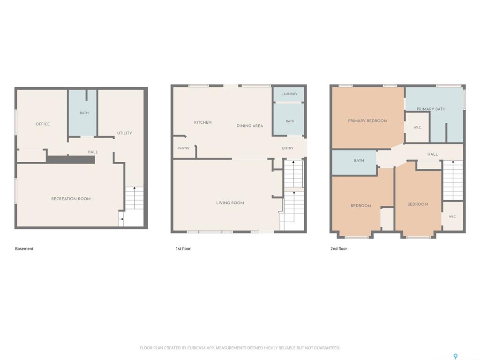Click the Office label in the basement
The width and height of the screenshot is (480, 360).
[43, 124]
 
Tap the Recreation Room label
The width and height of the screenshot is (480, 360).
[71, 199]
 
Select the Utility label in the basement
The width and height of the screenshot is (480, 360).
[125, 133]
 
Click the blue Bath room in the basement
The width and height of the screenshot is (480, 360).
[82, 113]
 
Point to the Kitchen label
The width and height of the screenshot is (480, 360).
[202, 122]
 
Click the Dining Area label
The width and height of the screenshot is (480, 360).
[250, 126]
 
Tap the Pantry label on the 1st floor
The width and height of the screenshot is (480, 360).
[184, 148]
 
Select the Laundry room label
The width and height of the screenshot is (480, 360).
[289, 94]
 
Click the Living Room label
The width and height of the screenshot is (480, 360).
[230, 202]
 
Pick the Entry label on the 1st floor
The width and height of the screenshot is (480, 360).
[287, 148]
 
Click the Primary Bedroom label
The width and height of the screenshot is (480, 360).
[367, 121]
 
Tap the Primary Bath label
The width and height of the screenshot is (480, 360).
[431, 109]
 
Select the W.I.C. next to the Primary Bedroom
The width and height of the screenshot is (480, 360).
[418, 127]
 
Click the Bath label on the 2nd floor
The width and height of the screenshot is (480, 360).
[359, 160]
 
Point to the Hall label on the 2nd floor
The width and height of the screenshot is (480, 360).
[433, 154]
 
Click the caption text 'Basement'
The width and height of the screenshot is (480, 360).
[24, 248]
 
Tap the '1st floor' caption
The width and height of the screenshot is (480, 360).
[183, 248]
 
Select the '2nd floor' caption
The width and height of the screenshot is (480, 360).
[338, 248]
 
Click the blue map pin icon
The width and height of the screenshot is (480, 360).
[456, 356]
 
